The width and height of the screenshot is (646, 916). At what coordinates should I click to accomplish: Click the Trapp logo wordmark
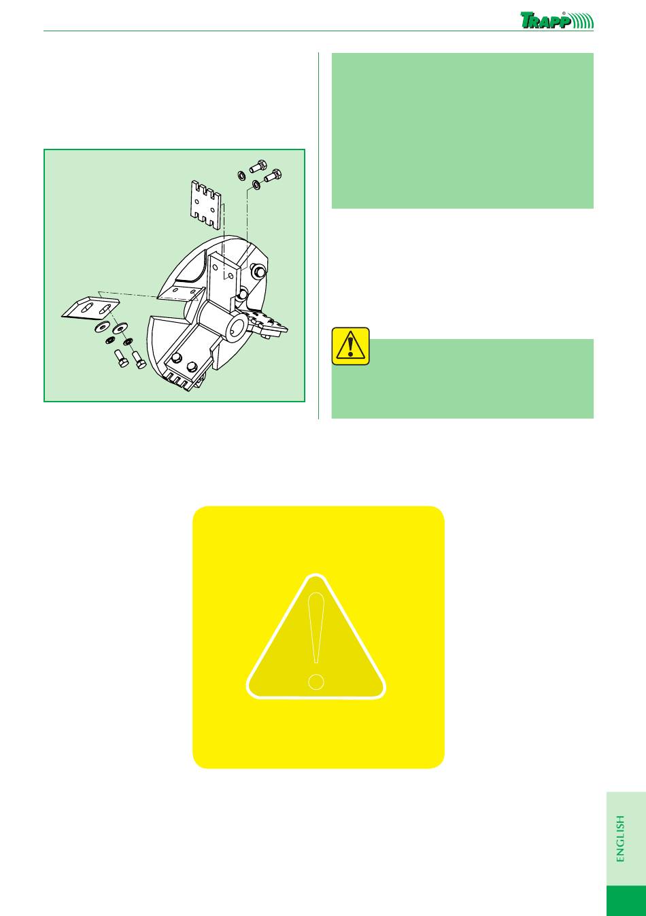[x=546, y=20]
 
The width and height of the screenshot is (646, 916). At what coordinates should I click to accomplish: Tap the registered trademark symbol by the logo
[x=564, y=14]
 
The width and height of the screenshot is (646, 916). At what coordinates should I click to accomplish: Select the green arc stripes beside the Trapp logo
[x=583, y=20]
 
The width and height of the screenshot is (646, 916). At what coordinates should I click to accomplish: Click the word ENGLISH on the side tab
[x=620, y=839]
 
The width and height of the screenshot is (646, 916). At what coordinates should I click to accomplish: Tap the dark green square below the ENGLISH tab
[x=626, y=901]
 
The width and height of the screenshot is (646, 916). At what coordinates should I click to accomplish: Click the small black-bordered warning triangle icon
[x=351, y=346]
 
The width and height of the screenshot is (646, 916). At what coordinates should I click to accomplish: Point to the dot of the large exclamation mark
[x=316, y=682]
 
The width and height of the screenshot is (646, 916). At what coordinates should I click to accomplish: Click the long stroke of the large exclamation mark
[x=316, y=628]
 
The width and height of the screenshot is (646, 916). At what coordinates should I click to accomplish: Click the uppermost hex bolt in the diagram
[x=258, y=166]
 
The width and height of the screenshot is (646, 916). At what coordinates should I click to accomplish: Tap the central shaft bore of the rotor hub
[x=239, y=325]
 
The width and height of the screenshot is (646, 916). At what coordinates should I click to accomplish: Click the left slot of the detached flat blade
[x=86, y=307]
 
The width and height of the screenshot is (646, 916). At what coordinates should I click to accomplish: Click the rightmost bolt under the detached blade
[x=139, y=359]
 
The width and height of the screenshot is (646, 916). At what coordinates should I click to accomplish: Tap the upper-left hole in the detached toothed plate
[x=197, y=202]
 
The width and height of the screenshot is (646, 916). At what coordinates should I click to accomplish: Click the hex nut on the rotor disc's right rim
[x=258, y=270]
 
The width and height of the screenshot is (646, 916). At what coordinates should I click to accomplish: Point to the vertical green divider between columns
[x=319, y=236]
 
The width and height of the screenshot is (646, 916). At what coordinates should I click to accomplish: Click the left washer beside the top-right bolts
[x=241, y=175]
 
